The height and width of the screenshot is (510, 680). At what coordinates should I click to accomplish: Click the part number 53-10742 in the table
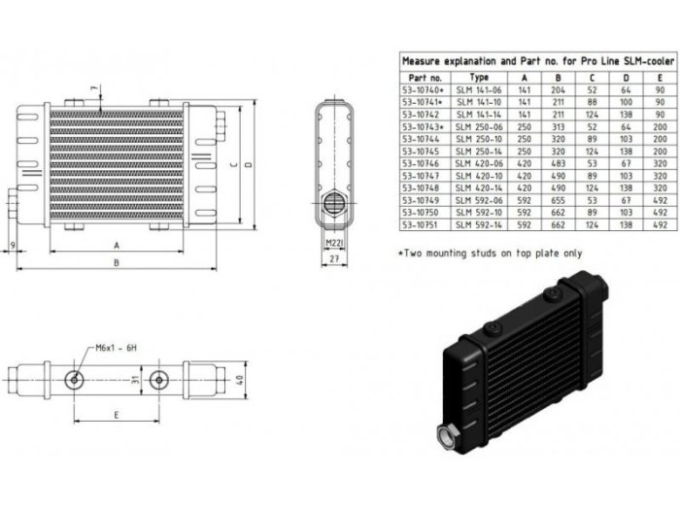tap(424, 113)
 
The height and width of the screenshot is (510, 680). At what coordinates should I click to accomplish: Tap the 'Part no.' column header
tap(425, 75)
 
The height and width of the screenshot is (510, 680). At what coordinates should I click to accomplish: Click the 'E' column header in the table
tap(659, 75)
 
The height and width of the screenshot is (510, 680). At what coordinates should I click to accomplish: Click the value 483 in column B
tap(561, 163)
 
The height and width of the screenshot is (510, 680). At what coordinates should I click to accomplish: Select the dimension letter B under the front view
tap(116, 262)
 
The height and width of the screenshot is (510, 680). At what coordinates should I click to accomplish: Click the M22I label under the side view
tap(334, 242)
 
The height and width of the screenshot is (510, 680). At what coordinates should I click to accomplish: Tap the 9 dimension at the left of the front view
tap(11, 243)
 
